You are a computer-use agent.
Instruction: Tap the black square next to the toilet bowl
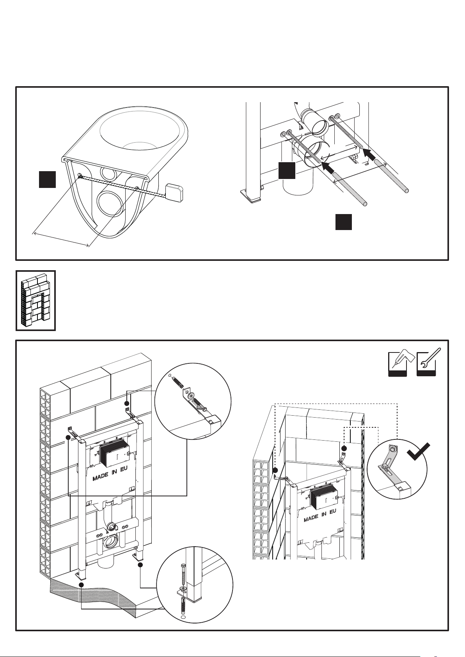click(x=47, y=179)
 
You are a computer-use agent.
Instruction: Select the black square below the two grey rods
click(x=344, y=221)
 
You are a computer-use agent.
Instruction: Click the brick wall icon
click(x=35, y=300)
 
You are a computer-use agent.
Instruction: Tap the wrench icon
click(x=426, y=361)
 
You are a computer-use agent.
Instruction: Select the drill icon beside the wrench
click(x=398, y=361)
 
